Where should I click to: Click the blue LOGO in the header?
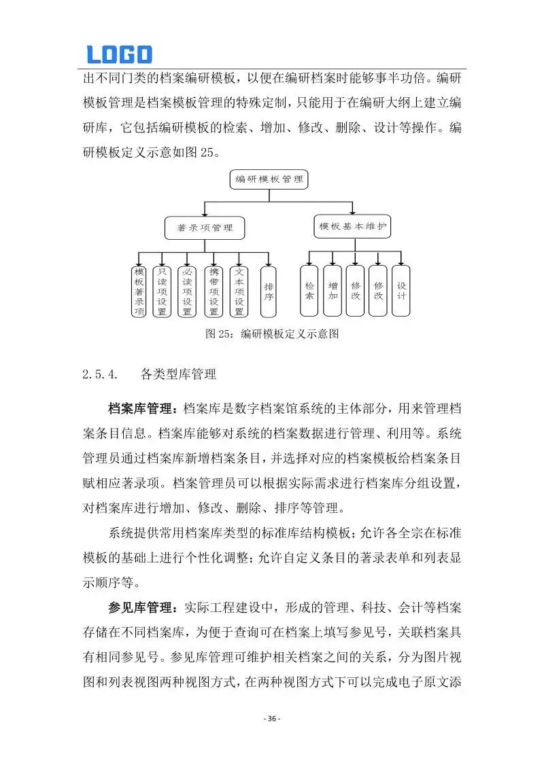point(119,54)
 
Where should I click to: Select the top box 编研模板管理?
point(269,180)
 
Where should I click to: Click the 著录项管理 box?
point(205,228)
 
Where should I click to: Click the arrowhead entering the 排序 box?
point(269,264)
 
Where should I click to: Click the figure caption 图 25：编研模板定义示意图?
point(272,334)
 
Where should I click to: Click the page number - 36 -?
point(272,719)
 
